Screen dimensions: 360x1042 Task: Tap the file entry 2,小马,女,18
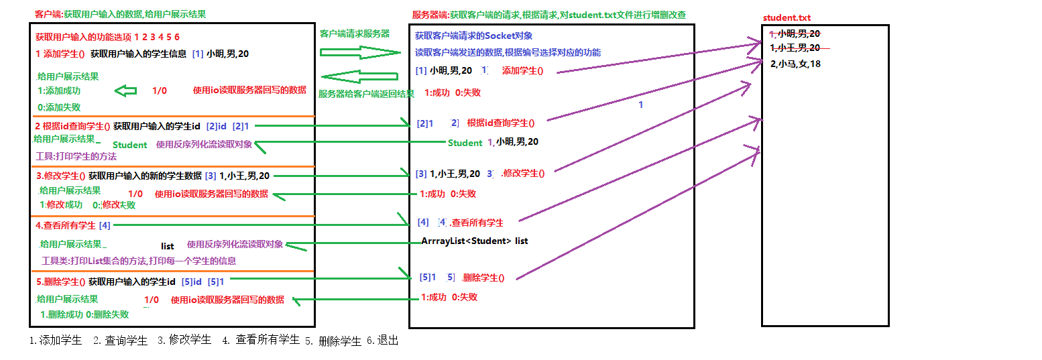pyautogui.click(x=796, y=64)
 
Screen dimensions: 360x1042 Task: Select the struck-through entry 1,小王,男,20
pyautogui.click(x=796, y=48)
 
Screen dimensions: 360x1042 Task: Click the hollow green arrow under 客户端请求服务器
pyautogui.click(x=359, y=52)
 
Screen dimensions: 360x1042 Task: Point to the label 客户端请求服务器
pyautogui.click(x=355, y=34)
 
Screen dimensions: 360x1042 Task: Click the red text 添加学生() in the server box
pyautogui.click(x=522, y=71)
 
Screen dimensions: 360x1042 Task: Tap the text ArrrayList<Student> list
pyautogui.click(x=475, y=241)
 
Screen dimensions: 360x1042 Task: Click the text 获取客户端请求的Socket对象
pyautogui.click(x=473, y=36)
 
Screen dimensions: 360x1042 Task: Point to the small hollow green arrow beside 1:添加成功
pyautogui.click(x=125, y=91)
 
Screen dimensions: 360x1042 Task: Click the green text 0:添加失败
pyautogui.click(x=60, y=107)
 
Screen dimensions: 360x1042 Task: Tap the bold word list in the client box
pyautogui.click(x=168, y=246)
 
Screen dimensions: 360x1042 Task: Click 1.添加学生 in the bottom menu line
pyautogui.click(x=56, y=341)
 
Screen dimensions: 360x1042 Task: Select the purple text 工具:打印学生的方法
pyautogui.click(x=76, y=156)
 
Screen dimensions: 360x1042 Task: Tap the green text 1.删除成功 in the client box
pyautogui.click(x=62, y=314)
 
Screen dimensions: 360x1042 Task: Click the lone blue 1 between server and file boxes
pyautogui.click(x=640, y=105)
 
